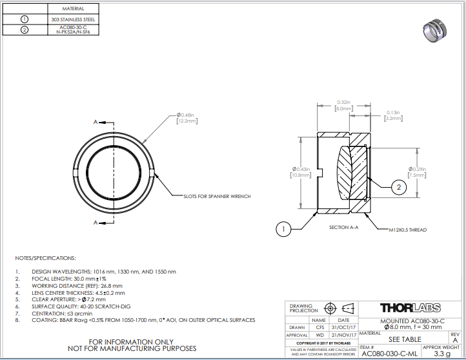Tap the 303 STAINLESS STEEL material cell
[72, 20]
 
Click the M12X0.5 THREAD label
[407, 230]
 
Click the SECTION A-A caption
[343, 228]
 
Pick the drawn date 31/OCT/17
[343, 327]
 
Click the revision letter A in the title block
[455, 339]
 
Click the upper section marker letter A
[96, 121]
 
